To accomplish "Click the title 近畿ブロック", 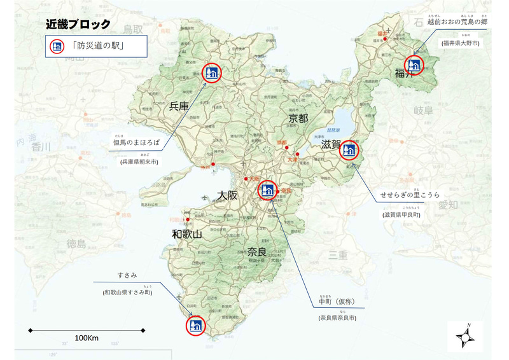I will click(78, 25).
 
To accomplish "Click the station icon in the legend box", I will click(57, 46).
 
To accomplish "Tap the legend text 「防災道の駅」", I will click(101, 46).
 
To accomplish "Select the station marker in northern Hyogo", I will click(211, 73).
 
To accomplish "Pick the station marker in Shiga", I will click(349, 151).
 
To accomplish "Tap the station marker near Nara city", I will click(267, 189).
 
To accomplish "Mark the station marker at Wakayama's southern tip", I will click(195, 325).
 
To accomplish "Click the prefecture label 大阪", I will click(227, 195).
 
